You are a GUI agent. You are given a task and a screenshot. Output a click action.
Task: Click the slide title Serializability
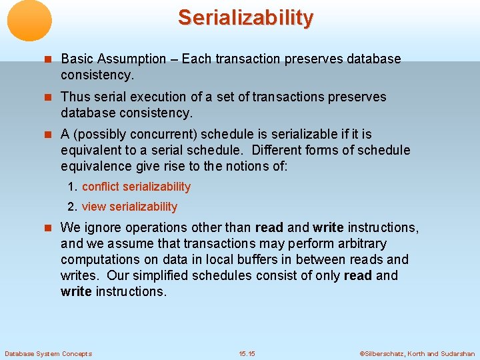click(x=245, y=18)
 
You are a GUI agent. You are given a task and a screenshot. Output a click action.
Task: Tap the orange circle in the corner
click(x=29, y=21)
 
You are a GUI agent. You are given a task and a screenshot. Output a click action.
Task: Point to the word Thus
click(x=75, y=97)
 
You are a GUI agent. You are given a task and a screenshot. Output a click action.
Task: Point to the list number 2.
click(x=71, y=207)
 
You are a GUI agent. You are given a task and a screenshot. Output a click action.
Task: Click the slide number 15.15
click(x=247, y=353)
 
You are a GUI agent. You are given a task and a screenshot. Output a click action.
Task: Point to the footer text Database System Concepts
click(x=48, y=353)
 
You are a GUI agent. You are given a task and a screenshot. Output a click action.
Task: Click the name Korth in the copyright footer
click(x=413, y=353)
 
